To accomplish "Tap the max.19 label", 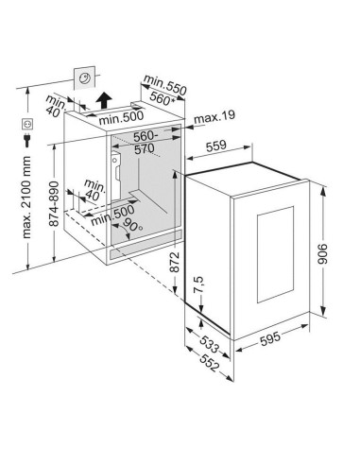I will click(214, 119).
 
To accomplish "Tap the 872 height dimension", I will click(175, 268).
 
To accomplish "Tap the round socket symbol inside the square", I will click(85, 79).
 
